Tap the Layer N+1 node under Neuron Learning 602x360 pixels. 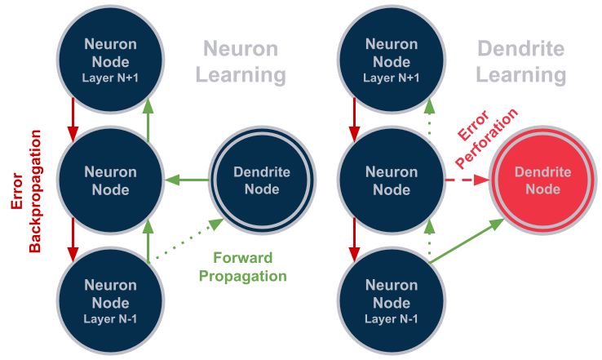(111, 53)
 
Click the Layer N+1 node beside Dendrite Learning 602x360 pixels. (392, 53)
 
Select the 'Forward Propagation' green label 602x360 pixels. (242, 267)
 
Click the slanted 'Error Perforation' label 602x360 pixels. (486, 139)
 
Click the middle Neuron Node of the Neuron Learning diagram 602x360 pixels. (111, 180)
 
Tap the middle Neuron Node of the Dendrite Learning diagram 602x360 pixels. (392, 180)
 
